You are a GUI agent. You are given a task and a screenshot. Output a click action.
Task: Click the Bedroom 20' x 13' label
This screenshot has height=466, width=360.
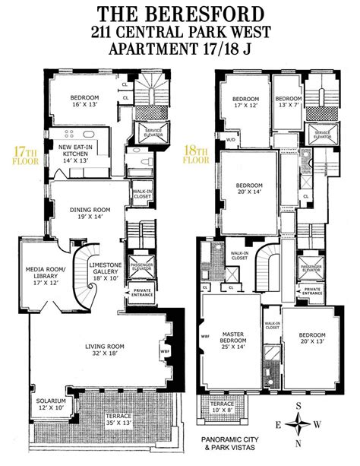click(311, 339)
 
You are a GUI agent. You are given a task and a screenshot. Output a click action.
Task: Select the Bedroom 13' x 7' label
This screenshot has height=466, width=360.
click(289, 102)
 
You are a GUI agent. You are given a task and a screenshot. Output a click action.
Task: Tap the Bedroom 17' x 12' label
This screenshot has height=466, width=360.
click(247, 103)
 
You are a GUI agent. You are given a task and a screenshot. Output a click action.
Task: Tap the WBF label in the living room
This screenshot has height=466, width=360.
click(166, 351)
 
